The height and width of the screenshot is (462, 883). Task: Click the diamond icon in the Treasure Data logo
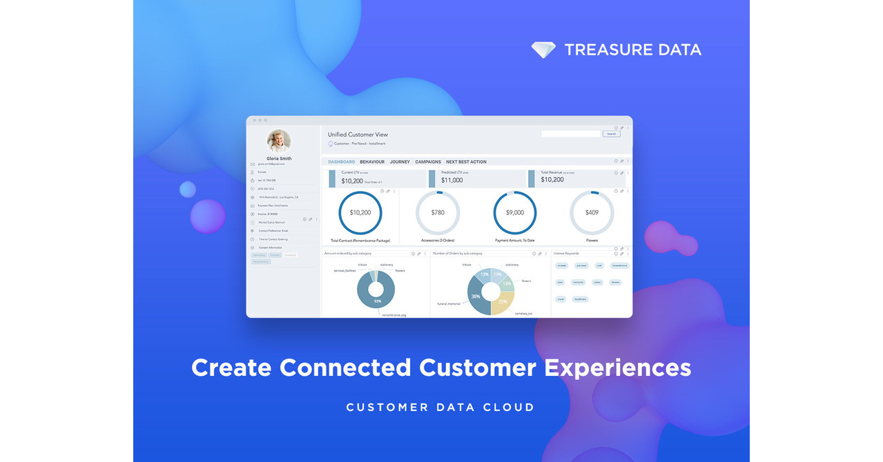[x=543, y=50]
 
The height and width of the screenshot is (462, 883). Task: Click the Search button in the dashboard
[x=611, y=134]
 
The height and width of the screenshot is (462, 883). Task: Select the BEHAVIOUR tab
[x=372, y=162]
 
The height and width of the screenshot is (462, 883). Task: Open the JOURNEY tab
[x=400, y=162]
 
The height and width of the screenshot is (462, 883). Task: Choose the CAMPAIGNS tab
[x=428, y=162]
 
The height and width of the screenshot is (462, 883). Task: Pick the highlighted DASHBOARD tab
[x=341, y=162]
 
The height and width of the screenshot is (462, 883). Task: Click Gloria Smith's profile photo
[x=279, y=141]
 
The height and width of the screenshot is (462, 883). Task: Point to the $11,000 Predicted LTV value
[x=452, y=181]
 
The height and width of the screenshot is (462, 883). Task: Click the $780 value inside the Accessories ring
[x=438, y=212]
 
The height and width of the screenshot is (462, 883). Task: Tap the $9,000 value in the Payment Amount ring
[x=515, y=212]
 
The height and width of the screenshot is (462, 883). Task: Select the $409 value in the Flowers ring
[x=592, y=212]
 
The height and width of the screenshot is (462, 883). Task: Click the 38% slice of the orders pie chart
[x=476, y=296]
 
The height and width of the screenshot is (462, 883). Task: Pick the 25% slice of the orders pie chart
[x=503, y=301]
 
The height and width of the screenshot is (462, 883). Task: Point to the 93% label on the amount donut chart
[x=377, y=301]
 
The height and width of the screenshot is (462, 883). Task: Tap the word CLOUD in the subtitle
[x=512, y=408]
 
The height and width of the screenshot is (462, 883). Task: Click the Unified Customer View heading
[x=357, y=134]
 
